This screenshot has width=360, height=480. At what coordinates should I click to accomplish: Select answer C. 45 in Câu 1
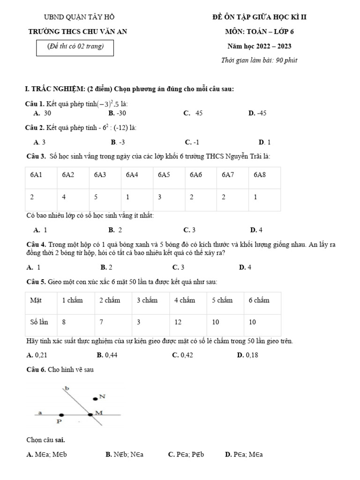click(x=193, y=113)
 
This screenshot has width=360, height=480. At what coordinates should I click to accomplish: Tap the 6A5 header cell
click(x=164, y=175)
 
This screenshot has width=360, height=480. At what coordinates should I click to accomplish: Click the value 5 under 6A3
click(x=96, y=197)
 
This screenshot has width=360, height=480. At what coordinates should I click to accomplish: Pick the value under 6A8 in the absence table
click(x=255, y=197)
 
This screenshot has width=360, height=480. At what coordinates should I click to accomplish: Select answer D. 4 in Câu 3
click(x=256, y=230)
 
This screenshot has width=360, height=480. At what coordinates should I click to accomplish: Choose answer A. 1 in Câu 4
click(x=33, y=267)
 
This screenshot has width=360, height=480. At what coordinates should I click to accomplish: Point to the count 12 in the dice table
click(x=178, y=322)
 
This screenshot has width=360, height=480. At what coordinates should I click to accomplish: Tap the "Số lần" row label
click(x=39, y=322)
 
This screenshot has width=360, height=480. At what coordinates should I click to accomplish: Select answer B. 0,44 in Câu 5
click(x=107, y=355)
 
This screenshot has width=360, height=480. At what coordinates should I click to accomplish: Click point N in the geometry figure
click(x=95, y=399)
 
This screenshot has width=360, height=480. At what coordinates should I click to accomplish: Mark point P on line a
click(x=61, y=415)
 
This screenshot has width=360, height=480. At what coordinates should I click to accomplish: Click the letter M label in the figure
click(x=98, y=412)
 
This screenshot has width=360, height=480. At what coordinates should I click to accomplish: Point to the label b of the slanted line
click(x=67, y=389)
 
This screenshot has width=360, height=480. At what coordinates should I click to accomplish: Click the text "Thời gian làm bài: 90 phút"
click(x=259, y=60)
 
